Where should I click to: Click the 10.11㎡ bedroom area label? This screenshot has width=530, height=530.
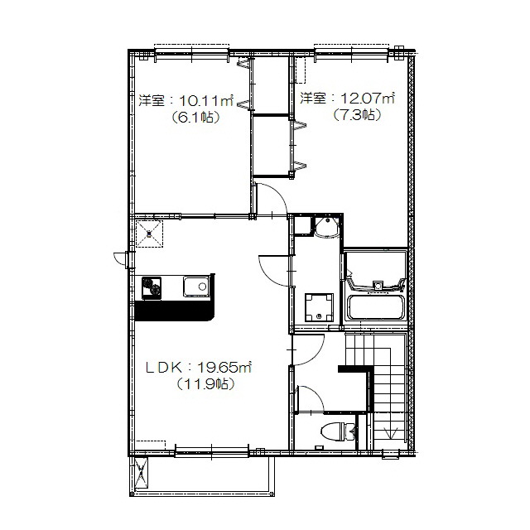pyautogui.click(x=185, y=101)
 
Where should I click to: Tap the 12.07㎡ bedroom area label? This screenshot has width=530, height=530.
pyautogui.click(x=348, y=99)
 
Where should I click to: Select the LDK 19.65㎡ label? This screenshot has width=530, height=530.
pyautogui.click(x=199, y=368)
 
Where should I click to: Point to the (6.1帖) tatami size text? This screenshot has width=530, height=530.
pyautogui.click(x=195, y=118)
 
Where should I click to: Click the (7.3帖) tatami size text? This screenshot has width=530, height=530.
pyautogui.click(x=357, y=115)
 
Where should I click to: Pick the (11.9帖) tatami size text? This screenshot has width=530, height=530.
pyautogui.click(x=205, y=384)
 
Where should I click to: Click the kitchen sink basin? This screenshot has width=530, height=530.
pyautogui.click(x=196, y=287)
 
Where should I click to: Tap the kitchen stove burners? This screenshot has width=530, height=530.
pyautogui.click(x=152, y=287)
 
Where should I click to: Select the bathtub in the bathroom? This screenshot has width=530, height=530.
pyautogui.click(x=375, y=307)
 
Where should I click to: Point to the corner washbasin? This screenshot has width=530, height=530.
pyautogui.click(x=326, y=228)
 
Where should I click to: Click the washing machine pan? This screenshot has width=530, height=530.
pyautogui.click(x=319, y=307)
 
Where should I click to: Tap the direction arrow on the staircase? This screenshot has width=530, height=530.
pyautogui.click(x=391, y=433)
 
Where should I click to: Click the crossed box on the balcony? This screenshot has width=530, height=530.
pyautogui.click(x=142, y=473)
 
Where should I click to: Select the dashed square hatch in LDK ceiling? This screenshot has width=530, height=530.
pyautogui.click(x=149, y=234)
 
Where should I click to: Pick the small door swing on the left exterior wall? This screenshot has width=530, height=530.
pyautogui.click(x=120, y=259)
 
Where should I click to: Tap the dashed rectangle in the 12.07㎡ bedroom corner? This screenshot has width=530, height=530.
pyautogui.click(x=300, y=70)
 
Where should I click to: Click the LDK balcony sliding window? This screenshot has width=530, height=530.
pyautogui.click(x=212, y=453)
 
